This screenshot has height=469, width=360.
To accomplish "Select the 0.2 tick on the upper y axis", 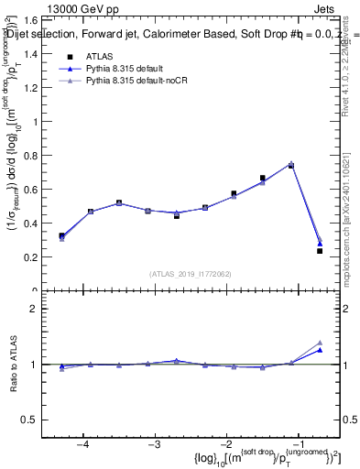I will [x=35, y=257].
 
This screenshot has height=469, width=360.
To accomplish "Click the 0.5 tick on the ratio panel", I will [x=35, y=420].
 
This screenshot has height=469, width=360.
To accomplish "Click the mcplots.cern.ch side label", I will [x=352, y=229].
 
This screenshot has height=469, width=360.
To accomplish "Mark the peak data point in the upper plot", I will [x=291, y=165].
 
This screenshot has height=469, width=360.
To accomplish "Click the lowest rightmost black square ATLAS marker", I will [x=320, y=251].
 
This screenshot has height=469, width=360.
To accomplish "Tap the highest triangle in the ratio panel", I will [x=320, y=342].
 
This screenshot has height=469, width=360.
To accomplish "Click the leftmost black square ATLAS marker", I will [x=61, y=235].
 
